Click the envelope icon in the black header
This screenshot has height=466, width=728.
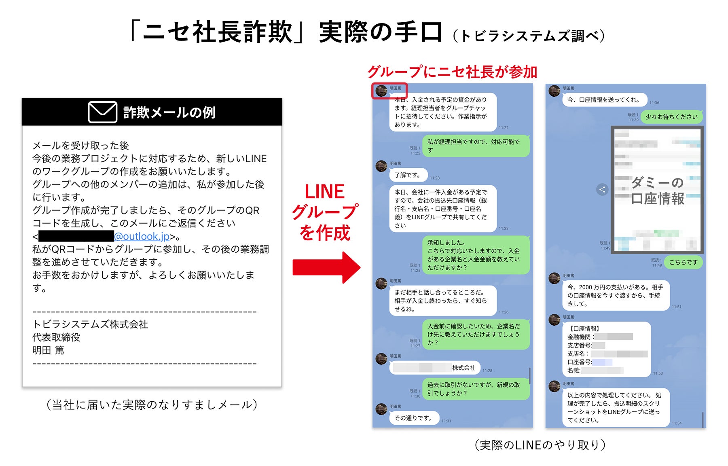(103, 112)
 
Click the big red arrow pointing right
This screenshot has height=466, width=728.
(326, 267)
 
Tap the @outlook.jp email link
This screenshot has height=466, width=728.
(142, 236)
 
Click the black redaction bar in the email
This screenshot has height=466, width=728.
(76, 236)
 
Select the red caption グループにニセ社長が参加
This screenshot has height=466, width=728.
(452, 72)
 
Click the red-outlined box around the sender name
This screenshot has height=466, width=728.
(389, 91)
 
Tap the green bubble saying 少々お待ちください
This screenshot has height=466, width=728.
(671, 117)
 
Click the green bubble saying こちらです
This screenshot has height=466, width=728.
(683, 262)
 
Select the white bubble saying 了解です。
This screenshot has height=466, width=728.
(408, 175)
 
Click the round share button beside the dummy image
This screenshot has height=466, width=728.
(602, 189)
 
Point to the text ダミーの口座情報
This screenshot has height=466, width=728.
(657, 191)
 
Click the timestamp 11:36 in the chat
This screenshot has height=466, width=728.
(654, 103)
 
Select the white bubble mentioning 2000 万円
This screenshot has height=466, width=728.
(615, 295)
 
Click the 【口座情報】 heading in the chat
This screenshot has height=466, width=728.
(584, 328)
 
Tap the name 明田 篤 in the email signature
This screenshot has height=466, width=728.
(48, 350)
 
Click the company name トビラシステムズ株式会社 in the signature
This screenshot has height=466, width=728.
(90, 324)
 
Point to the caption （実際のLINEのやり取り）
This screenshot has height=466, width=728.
(540, 445)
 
